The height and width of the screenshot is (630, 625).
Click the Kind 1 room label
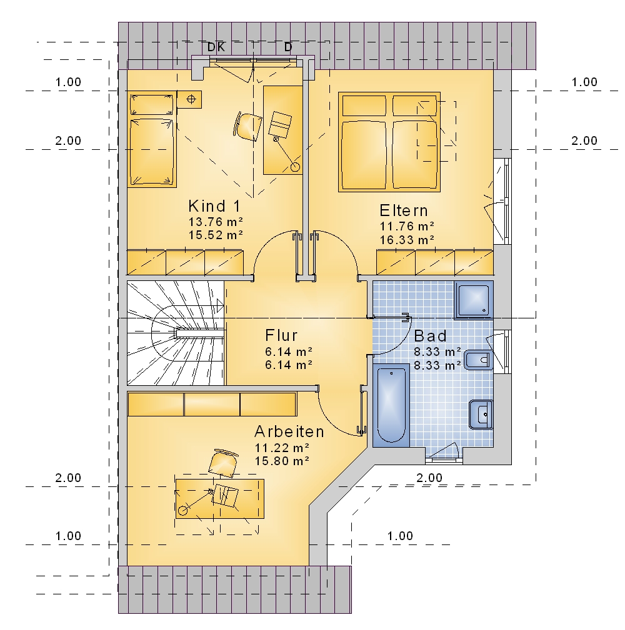click(214, 206)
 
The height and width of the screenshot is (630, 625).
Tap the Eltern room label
click(403, 210)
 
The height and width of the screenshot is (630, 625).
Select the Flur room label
click(281, 335)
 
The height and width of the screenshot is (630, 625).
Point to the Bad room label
click(430, 335)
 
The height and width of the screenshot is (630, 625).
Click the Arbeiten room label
click(289, 431)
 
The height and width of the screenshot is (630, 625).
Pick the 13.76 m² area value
click(216, 222)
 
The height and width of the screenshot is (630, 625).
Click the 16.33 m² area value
click(407, 240)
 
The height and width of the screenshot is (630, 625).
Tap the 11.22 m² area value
click(282, 448)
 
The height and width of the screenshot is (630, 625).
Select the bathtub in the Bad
click(391, 405)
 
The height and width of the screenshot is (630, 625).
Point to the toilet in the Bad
click(479, 360)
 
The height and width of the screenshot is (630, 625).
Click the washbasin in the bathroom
click(481, 415)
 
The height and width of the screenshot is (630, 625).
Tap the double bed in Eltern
click(389, 142)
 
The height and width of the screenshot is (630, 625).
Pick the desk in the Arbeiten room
click(220, 499)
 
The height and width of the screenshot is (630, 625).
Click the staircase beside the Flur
click(176, 333)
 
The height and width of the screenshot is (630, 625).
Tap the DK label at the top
click(216, 47)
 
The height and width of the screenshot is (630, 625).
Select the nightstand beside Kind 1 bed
click(189, 99)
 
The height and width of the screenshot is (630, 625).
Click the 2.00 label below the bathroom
click(429, 478)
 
